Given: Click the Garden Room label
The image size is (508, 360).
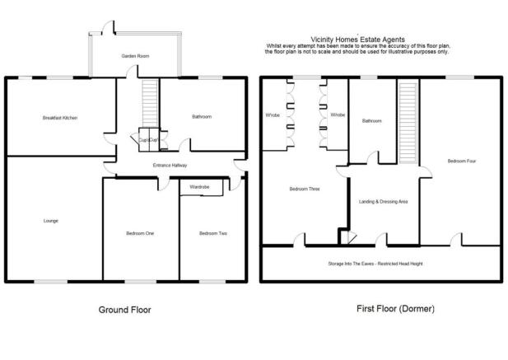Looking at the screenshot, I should click(134, 55).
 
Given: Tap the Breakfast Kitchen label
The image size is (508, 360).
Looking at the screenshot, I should click(59, 118).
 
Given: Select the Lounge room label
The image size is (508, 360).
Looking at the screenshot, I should click(51, 220).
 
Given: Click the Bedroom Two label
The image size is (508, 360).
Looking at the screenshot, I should click(213, 234).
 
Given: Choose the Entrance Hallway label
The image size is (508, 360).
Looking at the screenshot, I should click(170, 166).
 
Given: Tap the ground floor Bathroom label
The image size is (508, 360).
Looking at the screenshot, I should click(202, 117).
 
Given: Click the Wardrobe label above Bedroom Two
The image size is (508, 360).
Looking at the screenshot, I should click(199, 188).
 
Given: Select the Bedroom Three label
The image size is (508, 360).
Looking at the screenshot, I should click(304, 189).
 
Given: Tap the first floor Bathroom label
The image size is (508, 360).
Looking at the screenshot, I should click(372, 121).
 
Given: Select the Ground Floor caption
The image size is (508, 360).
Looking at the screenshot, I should click(124, 310).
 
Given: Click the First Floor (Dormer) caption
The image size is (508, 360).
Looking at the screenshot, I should click(394, 309).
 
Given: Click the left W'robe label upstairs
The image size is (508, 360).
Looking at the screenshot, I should click(273, 115).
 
